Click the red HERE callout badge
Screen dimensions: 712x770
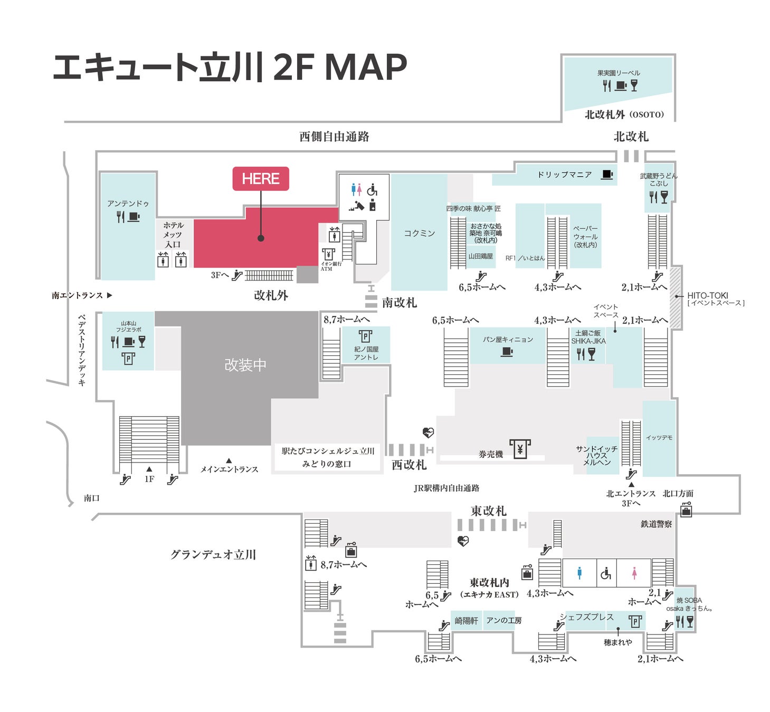tap(261, 179)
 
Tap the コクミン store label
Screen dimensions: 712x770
tap(419, 233)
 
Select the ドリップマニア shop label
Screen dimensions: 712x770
tap(564, 175)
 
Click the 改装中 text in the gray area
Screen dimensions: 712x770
tap(245, 365)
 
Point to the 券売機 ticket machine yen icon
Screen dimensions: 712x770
tap(520, 449)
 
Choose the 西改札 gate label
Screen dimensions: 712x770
tap(409, 465)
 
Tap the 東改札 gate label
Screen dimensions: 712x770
tap(488, 511)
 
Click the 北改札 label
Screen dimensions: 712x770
tap(631, 137)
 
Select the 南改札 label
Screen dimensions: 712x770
tap(399, 303)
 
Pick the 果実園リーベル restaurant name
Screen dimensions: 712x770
tap(619, 73)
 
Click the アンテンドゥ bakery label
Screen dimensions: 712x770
tap(128, 204)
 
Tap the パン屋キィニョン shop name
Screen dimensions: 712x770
tap(507, 340)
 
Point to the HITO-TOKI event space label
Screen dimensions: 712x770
tap(707, 295)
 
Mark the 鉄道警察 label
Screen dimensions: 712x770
tap(656, 524)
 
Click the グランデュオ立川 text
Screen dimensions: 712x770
tap(213, 554)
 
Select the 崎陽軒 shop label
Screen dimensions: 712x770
tap(466, 621)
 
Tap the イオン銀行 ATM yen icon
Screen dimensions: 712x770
tap(328, 254)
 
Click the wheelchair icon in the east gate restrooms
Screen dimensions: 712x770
tap(606, 573)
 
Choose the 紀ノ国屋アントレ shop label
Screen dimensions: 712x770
tap(366, 353)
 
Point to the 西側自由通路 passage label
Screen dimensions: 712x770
tap(334, 137)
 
